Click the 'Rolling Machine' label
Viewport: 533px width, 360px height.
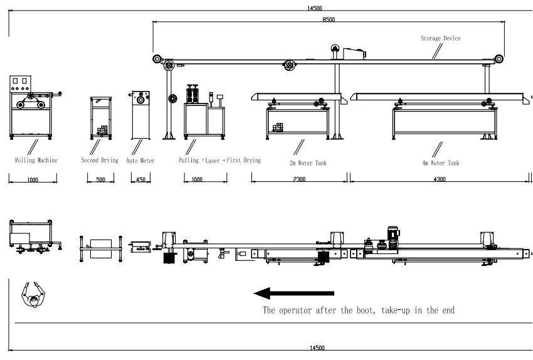[x=36, y=161]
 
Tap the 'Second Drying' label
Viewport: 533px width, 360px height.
[x=100, y=161]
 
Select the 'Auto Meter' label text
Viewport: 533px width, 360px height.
[x=140, y=161]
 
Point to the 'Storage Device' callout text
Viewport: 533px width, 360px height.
[x=440, y=38]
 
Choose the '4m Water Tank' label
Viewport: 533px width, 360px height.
[x=440, y=163]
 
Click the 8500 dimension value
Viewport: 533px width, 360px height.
[x=329, y=19]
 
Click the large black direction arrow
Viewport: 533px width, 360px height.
[x=293, y=293]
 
